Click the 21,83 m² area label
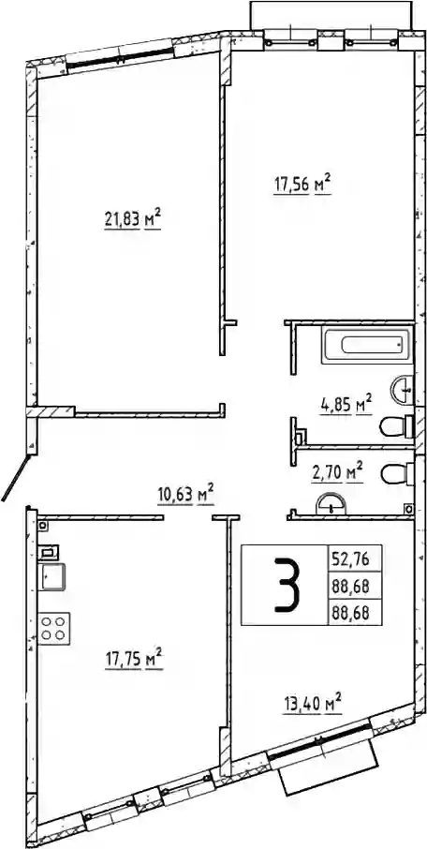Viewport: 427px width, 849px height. coord(133,219)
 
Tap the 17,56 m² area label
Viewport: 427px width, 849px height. coord(302,185)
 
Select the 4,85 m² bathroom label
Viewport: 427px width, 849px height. coord(346,405)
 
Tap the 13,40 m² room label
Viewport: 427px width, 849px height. coord(313,705)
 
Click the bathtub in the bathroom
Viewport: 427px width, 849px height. coord(366,345)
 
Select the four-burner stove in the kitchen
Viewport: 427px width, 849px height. coord(54,628)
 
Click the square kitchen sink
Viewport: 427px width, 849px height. coord(53,577)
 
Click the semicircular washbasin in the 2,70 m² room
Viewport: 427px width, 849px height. coord(330,502)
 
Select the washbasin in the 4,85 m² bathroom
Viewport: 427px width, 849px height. coord(402,389)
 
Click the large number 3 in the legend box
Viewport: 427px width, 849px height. coord(286,586)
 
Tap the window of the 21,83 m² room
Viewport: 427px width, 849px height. coord(120,57)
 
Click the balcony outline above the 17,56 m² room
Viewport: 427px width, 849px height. coord(331,16)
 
